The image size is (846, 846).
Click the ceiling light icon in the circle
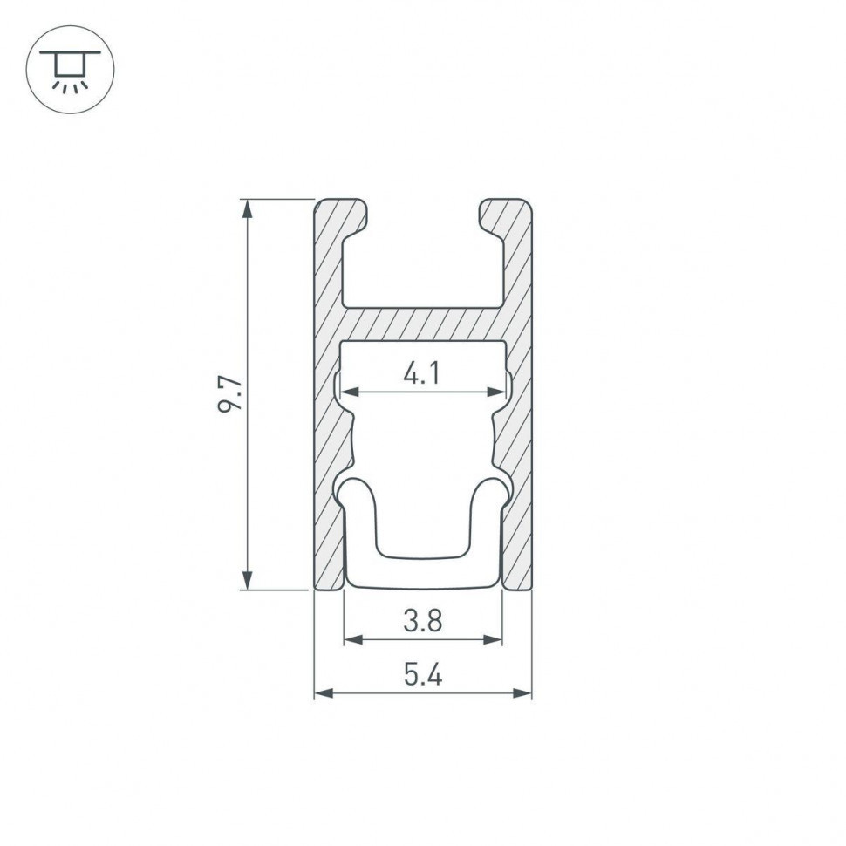click(70, 70)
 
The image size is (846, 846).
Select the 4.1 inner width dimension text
click(422, 374)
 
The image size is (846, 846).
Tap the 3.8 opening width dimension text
click(423, 622)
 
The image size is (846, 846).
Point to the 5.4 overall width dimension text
click(423, 675)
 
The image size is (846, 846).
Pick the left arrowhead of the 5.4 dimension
click(322, 693)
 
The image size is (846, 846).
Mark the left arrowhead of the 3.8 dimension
click(351, 639)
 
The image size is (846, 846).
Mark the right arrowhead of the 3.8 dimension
click(495, 639)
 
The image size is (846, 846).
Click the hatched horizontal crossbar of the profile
click(423, 324)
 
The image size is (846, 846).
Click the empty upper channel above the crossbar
click(423, 262)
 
